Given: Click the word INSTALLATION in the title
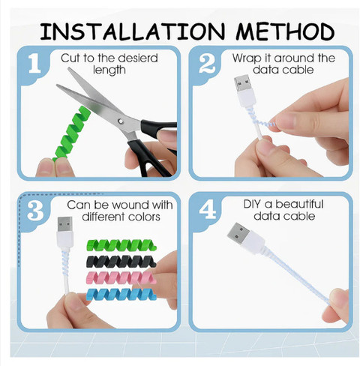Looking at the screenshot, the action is tap(133, 31).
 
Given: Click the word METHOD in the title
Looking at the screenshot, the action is tap(285, 31).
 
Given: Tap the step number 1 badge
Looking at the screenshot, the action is tap(34, 63).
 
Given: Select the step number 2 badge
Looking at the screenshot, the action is tap(207, 64).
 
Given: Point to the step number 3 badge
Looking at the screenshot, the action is tap(35, 211).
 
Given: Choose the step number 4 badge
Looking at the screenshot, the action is tap(208, 210).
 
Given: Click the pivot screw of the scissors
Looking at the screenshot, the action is tap(121, 121).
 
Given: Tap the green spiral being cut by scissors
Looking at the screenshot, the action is tap(71, 133).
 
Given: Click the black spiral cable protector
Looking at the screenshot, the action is tap(121, 261).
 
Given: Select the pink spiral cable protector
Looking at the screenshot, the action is tap(121, 277).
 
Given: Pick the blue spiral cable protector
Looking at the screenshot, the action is tap(121, 294).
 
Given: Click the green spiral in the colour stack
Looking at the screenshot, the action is tap(121, 245).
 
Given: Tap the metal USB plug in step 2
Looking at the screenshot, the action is tap(242, 83).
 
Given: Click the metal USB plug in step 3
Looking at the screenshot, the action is tap(64, 224).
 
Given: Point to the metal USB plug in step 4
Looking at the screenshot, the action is tap(238, 233).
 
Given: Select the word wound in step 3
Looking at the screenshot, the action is tap(130, 205).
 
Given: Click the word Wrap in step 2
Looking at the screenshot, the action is tap(247, 59).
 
